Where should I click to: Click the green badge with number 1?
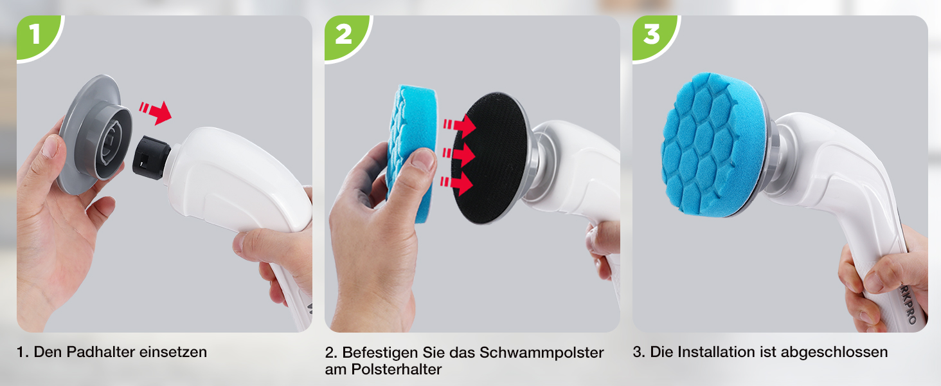(x=37, y=35)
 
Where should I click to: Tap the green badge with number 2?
(x=345, y=35)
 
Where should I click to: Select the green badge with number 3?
(x=652, y=35)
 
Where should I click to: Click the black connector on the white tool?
(x=151, y=158)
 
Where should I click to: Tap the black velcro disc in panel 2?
(x=489, y=158)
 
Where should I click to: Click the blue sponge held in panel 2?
(x=411, y=154)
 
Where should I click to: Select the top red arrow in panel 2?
(x=460, y=125)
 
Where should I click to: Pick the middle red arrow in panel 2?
(x=458, y=155)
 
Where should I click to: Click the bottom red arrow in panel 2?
(x=456, y=183)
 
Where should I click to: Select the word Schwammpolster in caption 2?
(x=541, y=353)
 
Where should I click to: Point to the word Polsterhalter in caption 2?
(x=396, y=369)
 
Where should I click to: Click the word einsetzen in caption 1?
(x=173, y=352)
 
